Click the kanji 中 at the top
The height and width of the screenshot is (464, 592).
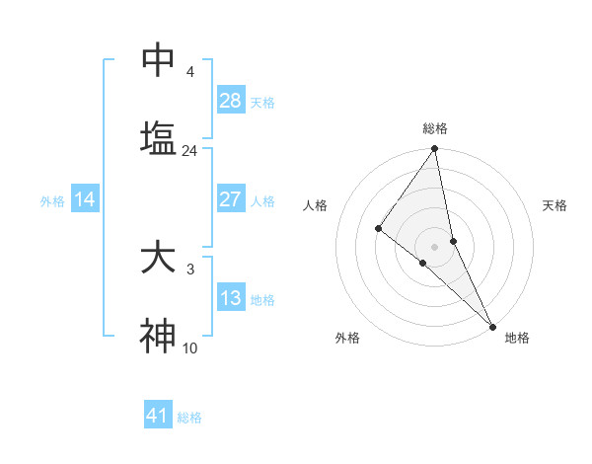click(x=158, y=60)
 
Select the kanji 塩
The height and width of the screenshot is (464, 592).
click(x=158, y=139)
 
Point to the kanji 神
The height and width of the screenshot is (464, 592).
click(x=158, y=337)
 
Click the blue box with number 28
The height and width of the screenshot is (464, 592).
click(x=230, y=101)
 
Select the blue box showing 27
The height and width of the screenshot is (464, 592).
click(x=230, y=199)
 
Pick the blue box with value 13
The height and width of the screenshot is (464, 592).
click(x=230, y=298)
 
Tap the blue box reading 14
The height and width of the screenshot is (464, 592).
click(x=85, y=199)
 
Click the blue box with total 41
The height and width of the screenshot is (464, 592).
click(x=158, y=416)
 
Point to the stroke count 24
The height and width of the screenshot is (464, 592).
click(x=189, y=151)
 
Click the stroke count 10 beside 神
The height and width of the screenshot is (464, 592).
click(x=189, y=348)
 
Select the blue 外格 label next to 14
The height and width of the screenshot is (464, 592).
click(x=52, y=200)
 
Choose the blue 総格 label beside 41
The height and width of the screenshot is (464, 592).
click(x=189, y=417)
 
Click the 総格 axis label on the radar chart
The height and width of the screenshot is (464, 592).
click(x=435, y=128)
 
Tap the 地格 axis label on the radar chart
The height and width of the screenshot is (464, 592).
click(x=517, y=338)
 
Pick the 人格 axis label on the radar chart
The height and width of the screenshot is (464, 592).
click(x=315, y=205)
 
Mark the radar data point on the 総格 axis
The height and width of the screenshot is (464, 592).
click(x=435, y=150)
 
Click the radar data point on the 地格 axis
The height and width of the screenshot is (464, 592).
click(x=492, y=326)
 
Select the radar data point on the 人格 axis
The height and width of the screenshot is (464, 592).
click(x=378, y=229)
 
